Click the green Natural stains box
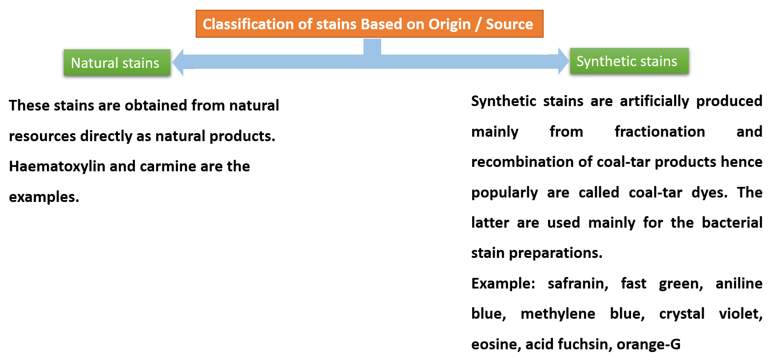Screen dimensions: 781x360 click(x=117, y=63)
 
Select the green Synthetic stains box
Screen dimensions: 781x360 click(x=629, y=61)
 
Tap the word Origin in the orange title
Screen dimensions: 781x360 click(x=450, y=24)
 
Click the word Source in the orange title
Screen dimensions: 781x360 click(x=509, y=24)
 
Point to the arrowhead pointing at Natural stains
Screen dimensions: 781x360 click(x=178, y=62)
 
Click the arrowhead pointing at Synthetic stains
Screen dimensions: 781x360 click(x=564, y=61)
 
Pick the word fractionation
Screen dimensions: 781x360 click(x=660, y=131)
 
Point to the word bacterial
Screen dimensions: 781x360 click(x=732, y=222)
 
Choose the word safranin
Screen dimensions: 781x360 click(x=578, y=284)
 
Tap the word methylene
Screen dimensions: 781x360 click(x=558, y=314)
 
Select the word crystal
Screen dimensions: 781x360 click(x=682, y=314)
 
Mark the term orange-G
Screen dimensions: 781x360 click(x=648, y=344)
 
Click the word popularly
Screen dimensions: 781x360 click(x=505, y=193)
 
